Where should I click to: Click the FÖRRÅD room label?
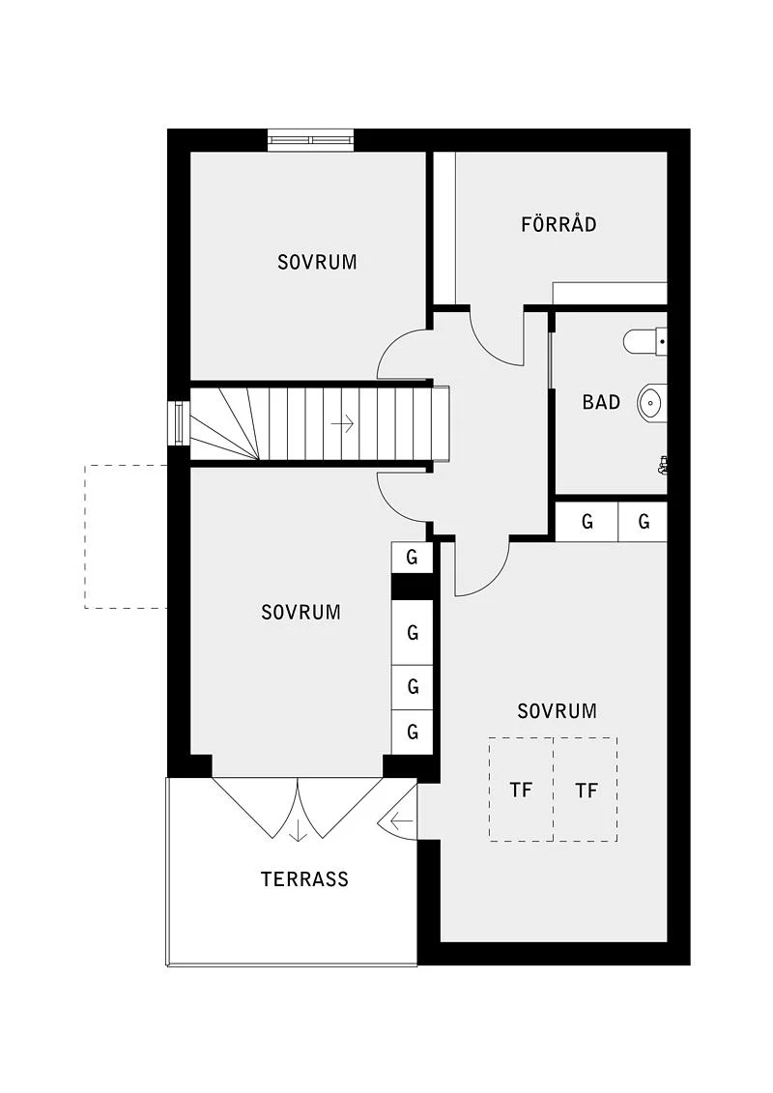click(558, 223)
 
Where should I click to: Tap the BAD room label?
click(601, 402)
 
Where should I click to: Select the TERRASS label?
click(304, 879)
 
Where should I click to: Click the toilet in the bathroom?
click(644, 341)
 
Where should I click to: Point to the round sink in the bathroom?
click(651, 402)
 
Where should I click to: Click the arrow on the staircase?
click(343, 423)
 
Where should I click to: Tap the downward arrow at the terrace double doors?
click(299, 831)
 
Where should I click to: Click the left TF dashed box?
click(522, 790)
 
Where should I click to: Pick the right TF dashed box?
click(586, 790)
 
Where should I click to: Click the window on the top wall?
click(311, 140)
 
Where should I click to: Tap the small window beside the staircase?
click(179, 423)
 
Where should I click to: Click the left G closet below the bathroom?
click(587, 522)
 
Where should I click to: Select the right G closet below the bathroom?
click(644, 522)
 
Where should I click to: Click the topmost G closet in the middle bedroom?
click(412, 558)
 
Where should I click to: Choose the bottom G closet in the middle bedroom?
click(412, 732)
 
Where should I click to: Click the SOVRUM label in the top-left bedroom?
click(317, 262)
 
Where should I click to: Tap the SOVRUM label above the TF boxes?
click(557, 711)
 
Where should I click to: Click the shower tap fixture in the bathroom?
click(662, 466)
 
